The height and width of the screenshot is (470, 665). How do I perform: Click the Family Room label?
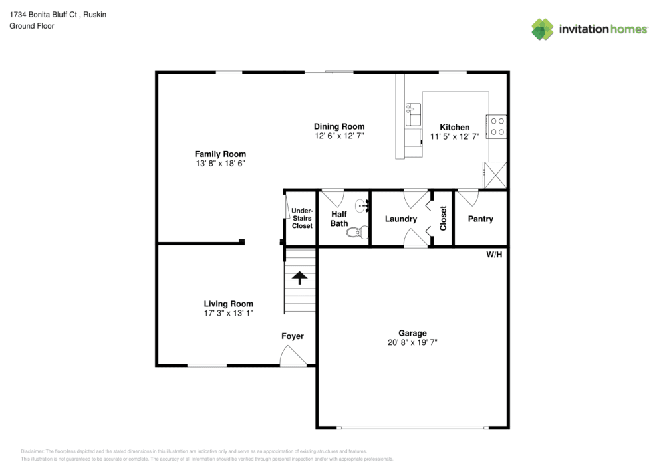pyautogui.click(x=219, y=154)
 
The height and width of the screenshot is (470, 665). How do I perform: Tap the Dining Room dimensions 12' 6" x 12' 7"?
pyautogui.click(x=339, y=136)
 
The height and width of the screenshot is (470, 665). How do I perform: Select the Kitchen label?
pyautogui.click(x=454, y=127)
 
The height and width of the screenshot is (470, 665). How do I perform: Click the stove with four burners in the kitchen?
pyautogui.click(x=497, y=126)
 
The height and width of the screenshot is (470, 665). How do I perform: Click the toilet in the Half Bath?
pyautogui.click(x=361, y=232)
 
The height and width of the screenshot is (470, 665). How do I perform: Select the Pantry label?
pyautogui.click(x=480, y=219)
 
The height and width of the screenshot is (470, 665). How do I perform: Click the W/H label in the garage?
pyautogui.click(x=494, y=255)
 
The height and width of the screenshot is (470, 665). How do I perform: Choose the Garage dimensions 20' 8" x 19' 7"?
pyautogui.click(x=412, y=342)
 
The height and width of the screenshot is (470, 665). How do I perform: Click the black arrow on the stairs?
pyautogui.click(x=300, y=277)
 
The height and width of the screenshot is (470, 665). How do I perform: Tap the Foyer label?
pyautogui.click(x=293, y=336)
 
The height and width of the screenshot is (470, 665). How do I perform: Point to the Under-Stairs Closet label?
pyautogui.click(x=302, y=218)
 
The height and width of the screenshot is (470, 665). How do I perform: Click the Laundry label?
pyautogui.click(x=401, y=219)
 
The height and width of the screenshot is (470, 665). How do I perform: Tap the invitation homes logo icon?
pyautogui.click(x=543, y=29)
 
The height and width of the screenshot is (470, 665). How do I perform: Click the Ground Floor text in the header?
pyautogui.click(x=32, y=26)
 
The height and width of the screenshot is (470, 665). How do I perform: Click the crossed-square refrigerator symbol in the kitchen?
pyautogui.click(x=495, y=174)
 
